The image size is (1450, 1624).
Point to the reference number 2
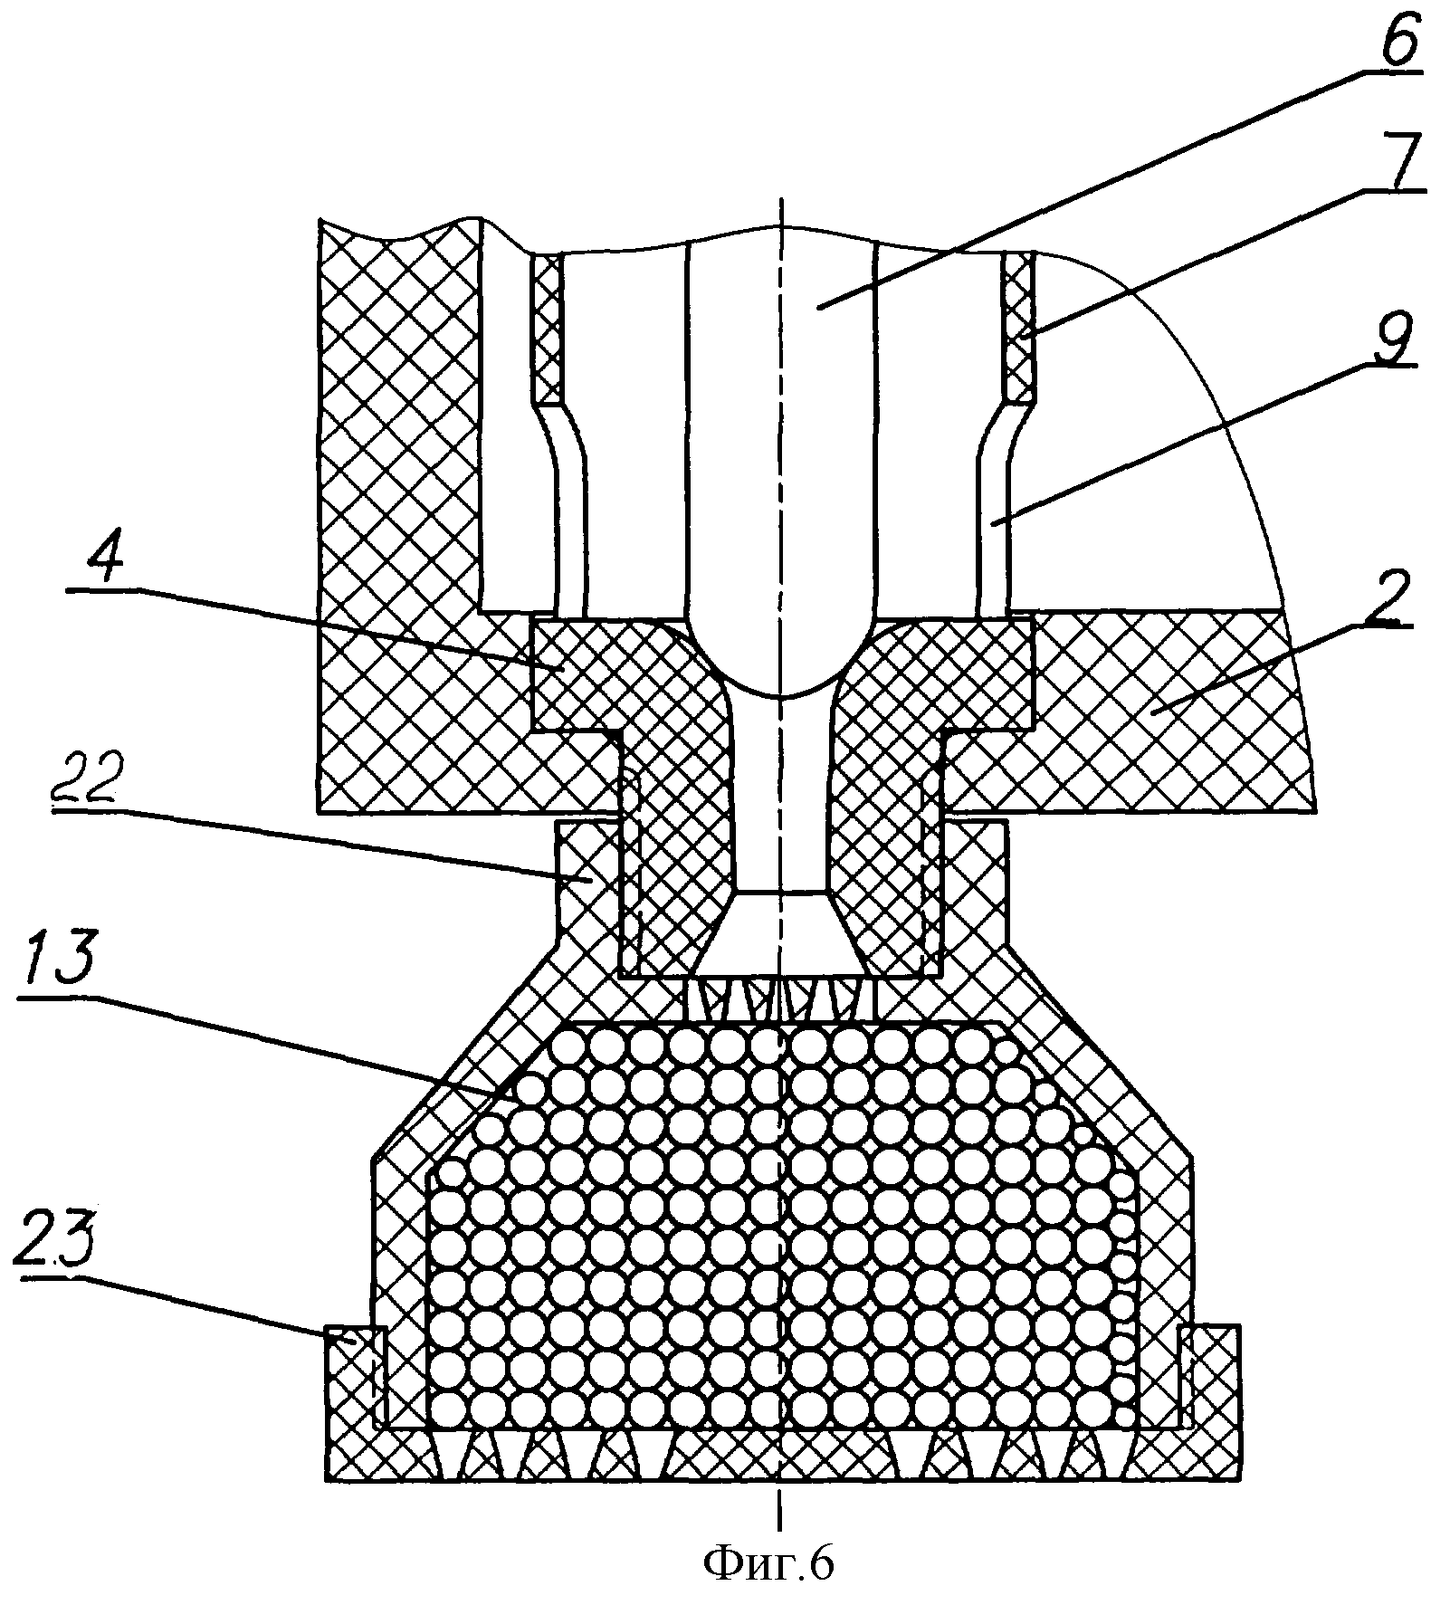[x=1382, y=598]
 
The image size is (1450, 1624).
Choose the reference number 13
[x=58, y=963]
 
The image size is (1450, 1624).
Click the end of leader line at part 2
[x=1150, y=712]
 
